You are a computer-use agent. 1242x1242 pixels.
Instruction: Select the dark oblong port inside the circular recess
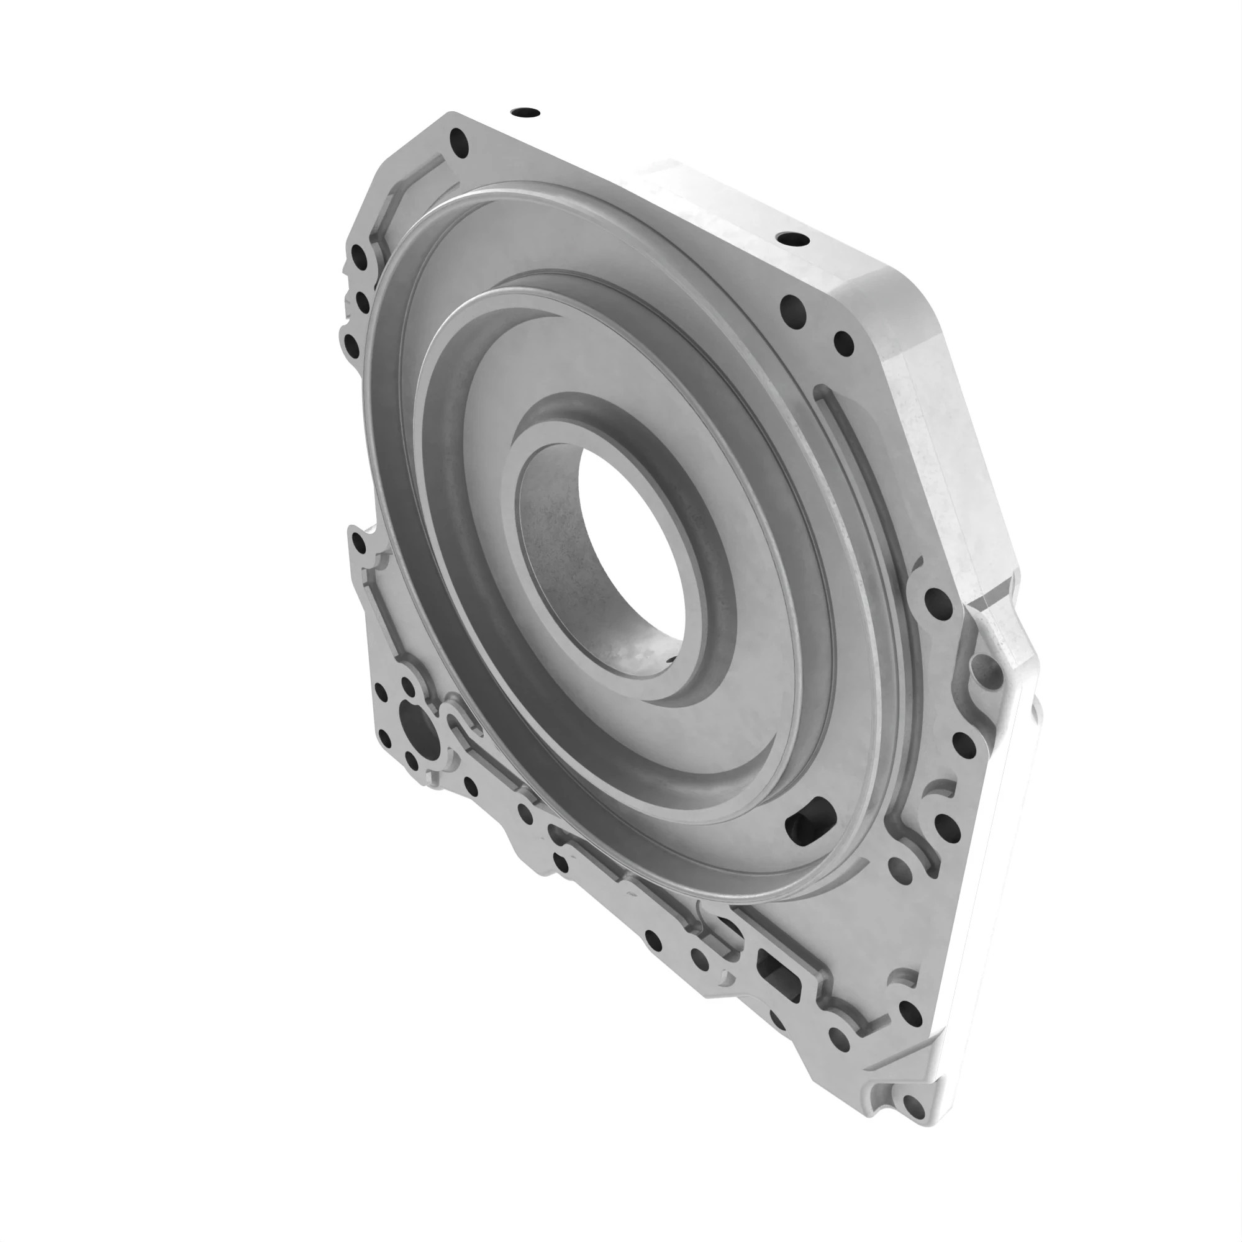click(x=812, y=820)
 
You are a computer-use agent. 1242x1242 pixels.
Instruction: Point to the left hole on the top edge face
click(x=526, y=112)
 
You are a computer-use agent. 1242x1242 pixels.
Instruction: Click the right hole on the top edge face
click(x=792, y=239)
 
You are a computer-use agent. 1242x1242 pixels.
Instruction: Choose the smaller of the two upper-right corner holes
click(x=842, y=344)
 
